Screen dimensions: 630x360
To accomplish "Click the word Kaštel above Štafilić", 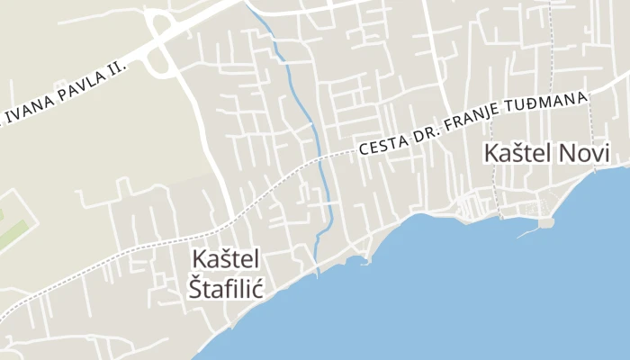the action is (x=225, y=259).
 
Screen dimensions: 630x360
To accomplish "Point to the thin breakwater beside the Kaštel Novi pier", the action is (x=527, y=232).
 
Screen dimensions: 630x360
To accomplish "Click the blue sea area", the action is (x=468, y=297).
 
